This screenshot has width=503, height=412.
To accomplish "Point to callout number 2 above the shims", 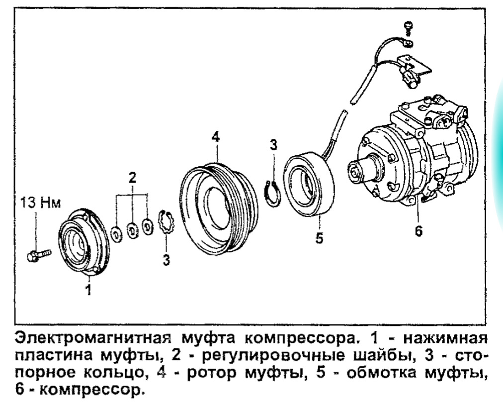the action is (132, 178).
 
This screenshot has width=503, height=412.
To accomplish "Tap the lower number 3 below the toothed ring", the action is (166, 259).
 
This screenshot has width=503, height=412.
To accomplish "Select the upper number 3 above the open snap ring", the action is (273, 144).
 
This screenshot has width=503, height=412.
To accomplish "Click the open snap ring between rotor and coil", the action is (273, 194).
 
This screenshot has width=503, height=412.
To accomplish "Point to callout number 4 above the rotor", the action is (216, 137).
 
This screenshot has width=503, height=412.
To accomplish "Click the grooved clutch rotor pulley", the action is (218, 208).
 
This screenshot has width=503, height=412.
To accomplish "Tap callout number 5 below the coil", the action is (319, 238).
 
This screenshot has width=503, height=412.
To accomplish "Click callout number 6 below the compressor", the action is (419, 231).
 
